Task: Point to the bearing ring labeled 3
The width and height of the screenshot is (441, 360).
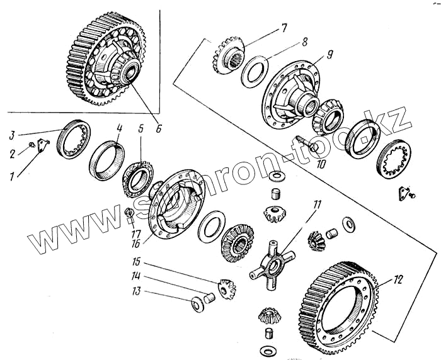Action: pyautogui.click(x=74, y=140)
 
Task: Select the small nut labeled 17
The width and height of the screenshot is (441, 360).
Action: pyautogui.click(x=130, y=213)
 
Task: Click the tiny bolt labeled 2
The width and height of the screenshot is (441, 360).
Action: pyautogui.click(x=31, y=148)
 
